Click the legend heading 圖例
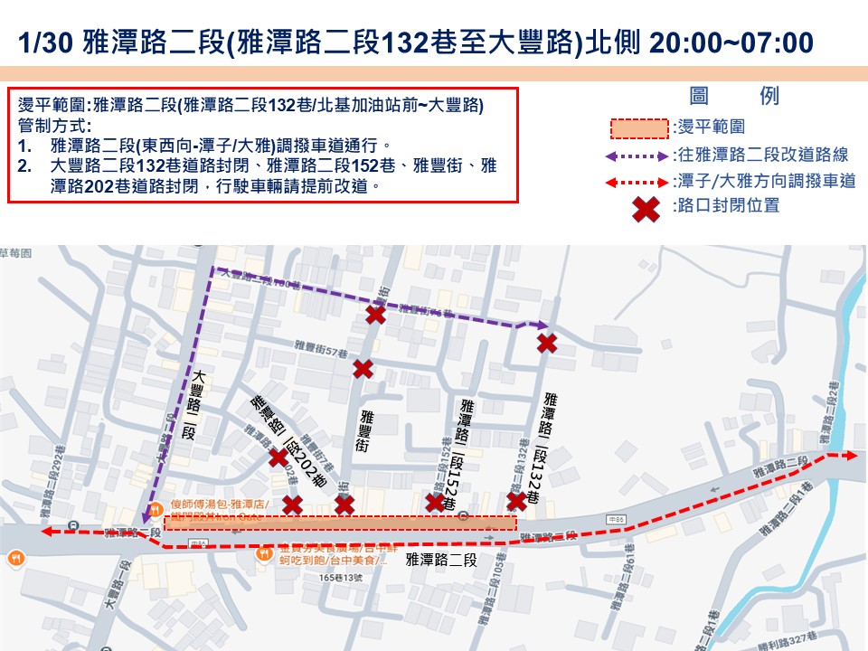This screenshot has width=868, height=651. point(733,97)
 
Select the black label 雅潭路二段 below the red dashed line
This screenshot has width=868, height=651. point(440,561)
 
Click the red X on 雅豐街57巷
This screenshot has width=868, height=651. point(363,369)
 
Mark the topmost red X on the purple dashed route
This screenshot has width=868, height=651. point(376,314)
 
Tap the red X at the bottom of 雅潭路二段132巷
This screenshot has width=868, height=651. point(516,501)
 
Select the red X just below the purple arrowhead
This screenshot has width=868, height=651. point(546,343)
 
